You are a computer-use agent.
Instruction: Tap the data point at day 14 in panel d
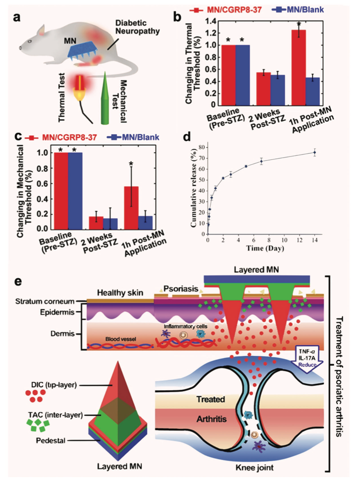(x=315, y=153)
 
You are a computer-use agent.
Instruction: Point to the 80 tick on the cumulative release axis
(x=202, y=147)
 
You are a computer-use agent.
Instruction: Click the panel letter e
(x=18, y=282)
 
